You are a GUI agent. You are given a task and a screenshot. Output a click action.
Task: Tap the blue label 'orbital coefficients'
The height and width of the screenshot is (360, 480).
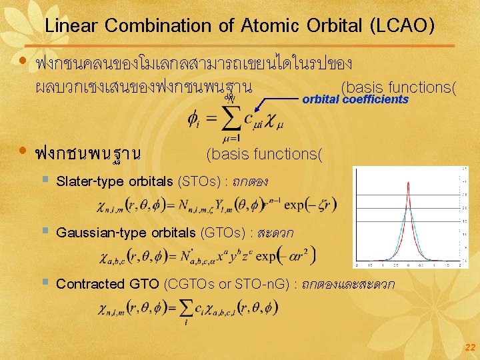click(355, 99)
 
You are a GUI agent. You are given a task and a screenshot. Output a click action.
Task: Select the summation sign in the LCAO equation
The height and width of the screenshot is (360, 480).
click(229, 119)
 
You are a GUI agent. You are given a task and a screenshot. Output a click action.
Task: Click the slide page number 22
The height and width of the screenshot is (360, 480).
click(470, 347)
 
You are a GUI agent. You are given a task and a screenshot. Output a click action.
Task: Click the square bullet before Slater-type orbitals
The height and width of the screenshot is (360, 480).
click(44, 180)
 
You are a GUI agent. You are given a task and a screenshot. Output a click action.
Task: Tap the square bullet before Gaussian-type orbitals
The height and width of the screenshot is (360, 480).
click(44, 231)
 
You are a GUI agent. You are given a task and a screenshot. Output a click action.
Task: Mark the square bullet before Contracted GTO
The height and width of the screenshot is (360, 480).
click(44, 283)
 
